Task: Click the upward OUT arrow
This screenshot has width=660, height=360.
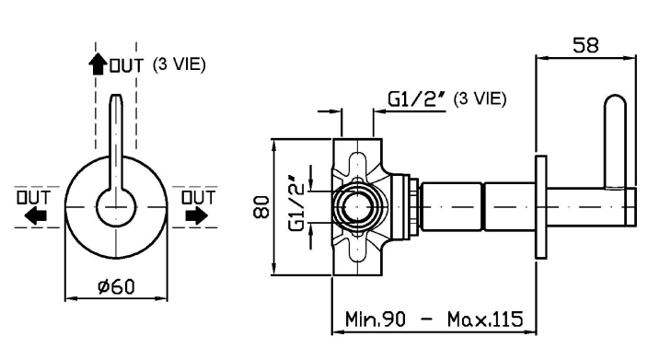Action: click(98, 64)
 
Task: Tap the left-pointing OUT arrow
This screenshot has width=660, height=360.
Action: click(35, 216)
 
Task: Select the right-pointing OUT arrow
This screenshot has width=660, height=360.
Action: click(197, 216)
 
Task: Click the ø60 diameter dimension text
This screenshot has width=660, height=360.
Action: click(116, 286)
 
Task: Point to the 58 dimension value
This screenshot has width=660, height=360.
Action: click(585, 44)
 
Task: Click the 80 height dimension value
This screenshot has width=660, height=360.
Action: click(261, 207)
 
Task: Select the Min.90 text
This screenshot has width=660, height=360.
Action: click(376, 319)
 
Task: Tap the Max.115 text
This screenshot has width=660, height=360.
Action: click(485, 319)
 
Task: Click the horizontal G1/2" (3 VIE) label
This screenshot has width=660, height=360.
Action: click(447, 99)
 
